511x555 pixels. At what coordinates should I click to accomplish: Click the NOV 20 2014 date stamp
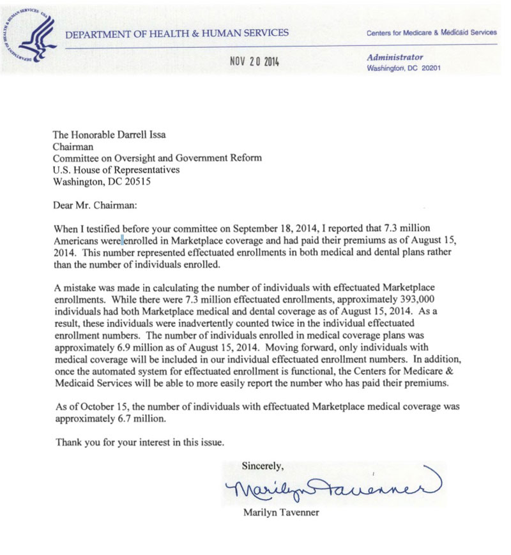[x=254, y=62]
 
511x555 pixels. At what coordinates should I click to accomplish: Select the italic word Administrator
[x=395, y=57]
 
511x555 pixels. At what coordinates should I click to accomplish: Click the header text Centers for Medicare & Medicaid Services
[x=431, y=33]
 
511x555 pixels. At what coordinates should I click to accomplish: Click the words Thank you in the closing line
[x=76, y=441]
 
